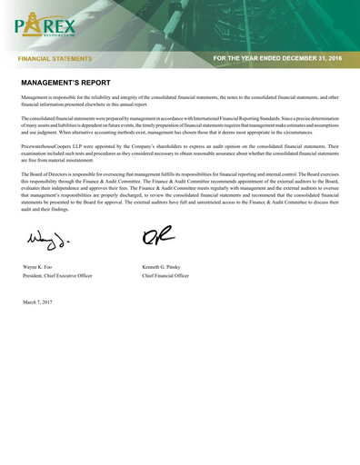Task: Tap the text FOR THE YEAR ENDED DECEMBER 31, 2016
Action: coord(276,58)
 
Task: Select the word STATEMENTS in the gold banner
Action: coord(71,58)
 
